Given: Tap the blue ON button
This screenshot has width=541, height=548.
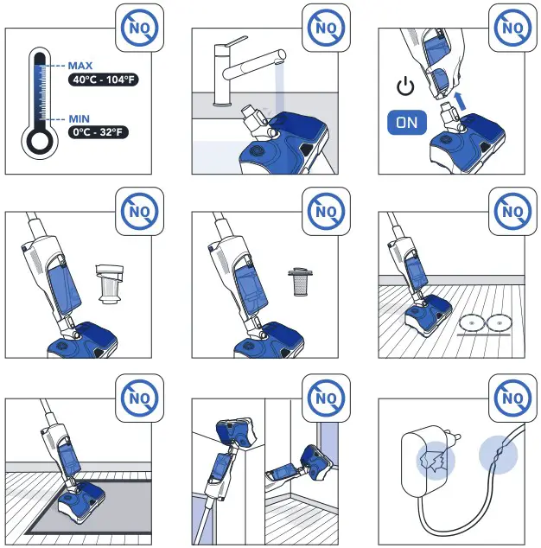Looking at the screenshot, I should [x=407, y=122].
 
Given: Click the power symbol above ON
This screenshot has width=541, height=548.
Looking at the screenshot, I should [x=404, y=87].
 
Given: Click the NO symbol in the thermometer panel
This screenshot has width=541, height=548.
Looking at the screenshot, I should [x=138, y=29].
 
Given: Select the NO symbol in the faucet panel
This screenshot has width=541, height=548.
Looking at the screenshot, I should [x=325, y=29].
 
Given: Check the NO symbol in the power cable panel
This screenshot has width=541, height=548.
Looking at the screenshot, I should [x=512, y=398].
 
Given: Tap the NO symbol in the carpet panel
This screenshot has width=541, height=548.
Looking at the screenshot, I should [x=138, y=398].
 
